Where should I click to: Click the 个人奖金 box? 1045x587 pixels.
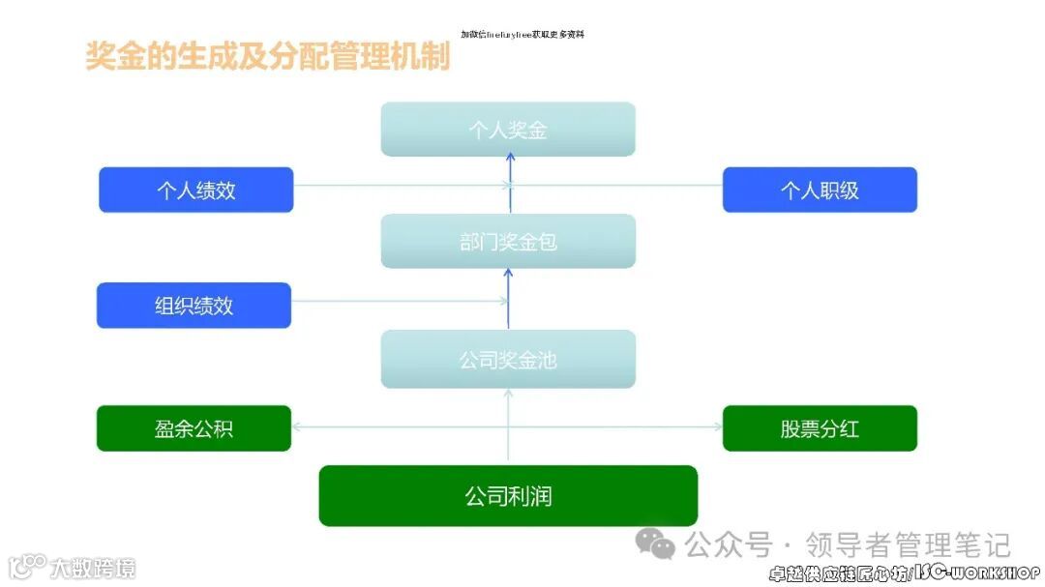pyautogui.click(x=508, y=130)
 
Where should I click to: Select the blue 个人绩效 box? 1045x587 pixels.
pyautogui.click(x=196, y=190)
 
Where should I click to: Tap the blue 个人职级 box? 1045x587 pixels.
pyautogui.click(x=820, y=190)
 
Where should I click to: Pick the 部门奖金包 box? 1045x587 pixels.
pyautogui.click(x=508, y=241)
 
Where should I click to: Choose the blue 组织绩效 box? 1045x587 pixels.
pyautogui.click(x=194, y=306)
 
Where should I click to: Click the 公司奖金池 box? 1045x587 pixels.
pyautogui.click(x=508, y=360)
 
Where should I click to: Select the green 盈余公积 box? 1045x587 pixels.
pyautogui.click(x=194, y=428)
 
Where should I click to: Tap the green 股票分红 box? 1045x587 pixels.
pyautogui.click(x=820, y=428)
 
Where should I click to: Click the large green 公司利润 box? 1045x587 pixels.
pyautogui.click(x=508, y=496)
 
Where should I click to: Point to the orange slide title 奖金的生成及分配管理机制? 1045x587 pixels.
pyautogui.click(x=268, y=56)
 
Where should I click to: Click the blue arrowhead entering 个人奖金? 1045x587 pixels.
pyautogui.click(x=509, y=161)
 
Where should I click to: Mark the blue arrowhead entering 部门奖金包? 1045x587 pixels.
pyautogui.click(x=509, y=274)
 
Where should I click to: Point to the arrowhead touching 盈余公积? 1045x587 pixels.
pyautogui.click(x=296, y=426)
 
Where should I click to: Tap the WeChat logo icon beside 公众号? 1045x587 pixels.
pyautogui.click(x=662, y=544)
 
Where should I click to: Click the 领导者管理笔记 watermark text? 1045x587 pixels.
pyautogui.click(x=909, y=544)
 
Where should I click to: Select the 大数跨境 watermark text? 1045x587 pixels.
pyautogui.click(x=93, y=567)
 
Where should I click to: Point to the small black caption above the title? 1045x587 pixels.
pyautogui.click(x=522, y=34)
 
